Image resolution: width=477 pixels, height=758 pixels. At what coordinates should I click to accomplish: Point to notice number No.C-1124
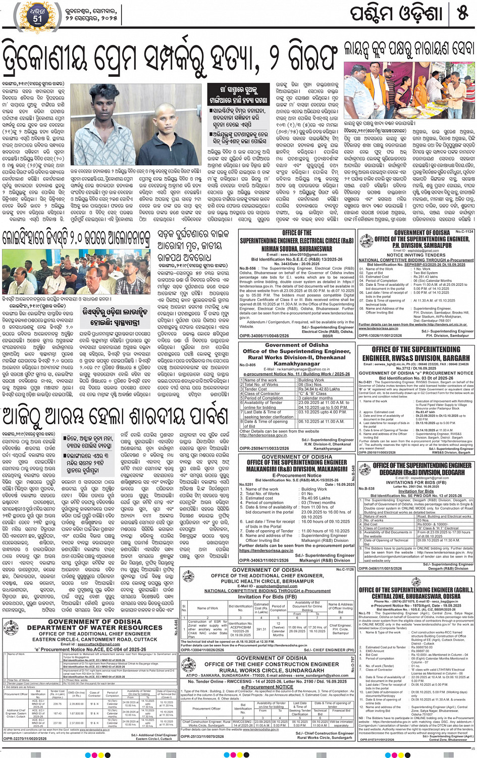[464, 231]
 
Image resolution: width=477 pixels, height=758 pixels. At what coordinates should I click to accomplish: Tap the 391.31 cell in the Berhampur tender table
[261, 629]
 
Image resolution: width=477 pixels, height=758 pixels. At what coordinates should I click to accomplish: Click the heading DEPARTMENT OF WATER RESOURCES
[95, 628]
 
